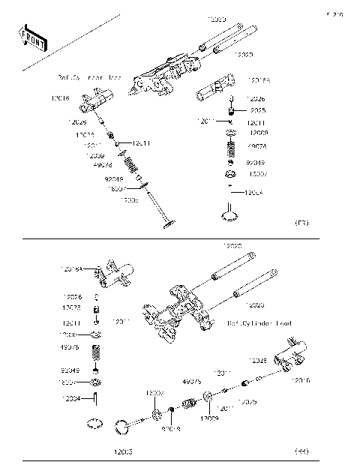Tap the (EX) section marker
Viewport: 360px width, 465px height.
tap(302, 223)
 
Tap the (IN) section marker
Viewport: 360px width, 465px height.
tap(301, 451)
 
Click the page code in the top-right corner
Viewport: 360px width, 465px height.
tap(334, 14)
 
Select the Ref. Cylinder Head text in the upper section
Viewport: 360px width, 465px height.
tap(89, 77)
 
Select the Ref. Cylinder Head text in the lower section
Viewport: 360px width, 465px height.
tap(259, 323)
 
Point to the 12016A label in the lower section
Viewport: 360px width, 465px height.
tap(72, 268)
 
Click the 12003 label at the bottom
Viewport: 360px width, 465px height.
tap(124, 451)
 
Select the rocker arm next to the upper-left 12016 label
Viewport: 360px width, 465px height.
tap(100, 97)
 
